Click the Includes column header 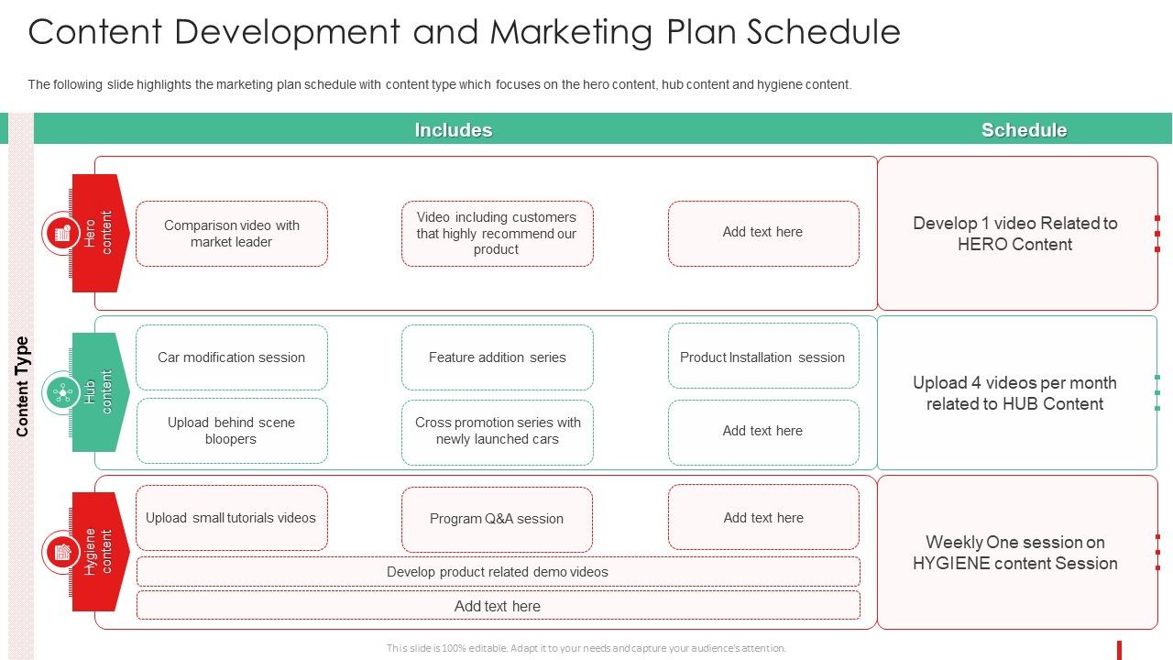pyautogui.click(x=454, y=130)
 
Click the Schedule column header pyautogui.click(x=1024, y=130)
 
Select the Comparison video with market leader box pyautogui.click(x=232, y=234)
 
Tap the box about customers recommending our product pyautogui.click(x=497, y=234)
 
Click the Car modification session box pyautogui.click(x=232, y=357)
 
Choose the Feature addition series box pyautogui.click(x=497, y=357)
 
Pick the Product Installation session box pyautogui.click(x=762, y=357)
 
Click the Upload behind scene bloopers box pyautogui.click(x=232, y=431)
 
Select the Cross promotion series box pyautogui.click(x=497, y=431)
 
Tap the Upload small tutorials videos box pyautogui.click(x=232, y=518)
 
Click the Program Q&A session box pyautogui.click(x=497, y=519)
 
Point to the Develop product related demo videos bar pyautogui.click(x=498, y=572)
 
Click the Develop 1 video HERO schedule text pyautogui.click(x=1015, y=234)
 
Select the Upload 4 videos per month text pyautogui.click(x=1015, y=393)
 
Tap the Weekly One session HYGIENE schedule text pyautogui.click(x=1015, y=553)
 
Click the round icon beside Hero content pyautogui.click(x=61, y=234)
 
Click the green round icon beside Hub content pyautogui.click(x=61, y=393)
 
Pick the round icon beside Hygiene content pyautogui.click(x=61, y=553)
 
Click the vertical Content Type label pyautogui.click(x=23, y=386)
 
